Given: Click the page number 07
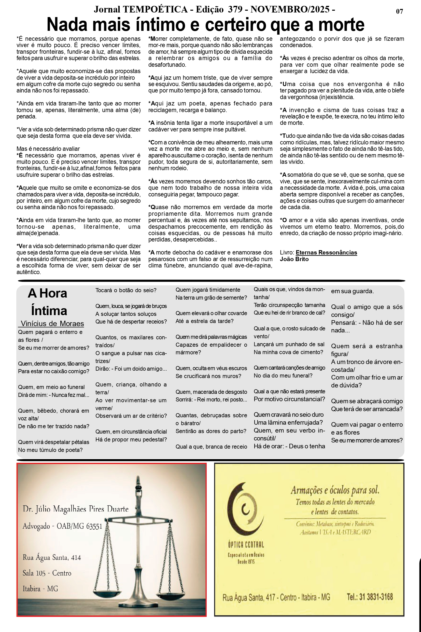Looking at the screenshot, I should tap(400, 11).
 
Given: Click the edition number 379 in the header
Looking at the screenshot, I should tap(235, 9).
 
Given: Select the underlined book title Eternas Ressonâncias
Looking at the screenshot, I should tap(326, 252).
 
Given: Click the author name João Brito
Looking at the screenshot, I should tap(294, 259).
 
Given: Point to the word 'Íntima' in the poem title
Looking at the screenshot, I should tap(49, 311).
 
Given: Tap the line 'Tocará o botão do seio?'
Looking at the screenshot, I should tap(126, 290).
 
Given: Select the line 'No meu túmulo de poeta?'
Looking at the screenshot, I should tap(50, 450).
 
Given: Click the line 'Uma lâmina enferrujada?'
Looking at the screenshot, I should tap(288, 422).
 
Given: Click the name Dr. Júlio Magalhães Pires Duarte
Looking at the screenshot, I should tap(75, 509).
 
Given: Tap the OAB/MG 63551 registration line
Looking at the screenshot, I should tap(62, 526).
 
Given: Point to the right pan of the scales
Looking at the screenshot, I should tap(172, 593).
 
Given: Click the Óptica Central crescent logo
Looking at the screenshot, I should tap(245, 508).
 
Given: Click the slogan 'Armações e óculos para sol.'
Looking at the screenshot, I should tap(335, 491).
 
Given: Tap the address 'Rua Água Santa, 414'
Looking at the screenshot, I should tap(52, 558).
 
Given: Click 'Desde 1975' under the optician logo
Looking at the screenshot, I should tap(246, 562).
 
